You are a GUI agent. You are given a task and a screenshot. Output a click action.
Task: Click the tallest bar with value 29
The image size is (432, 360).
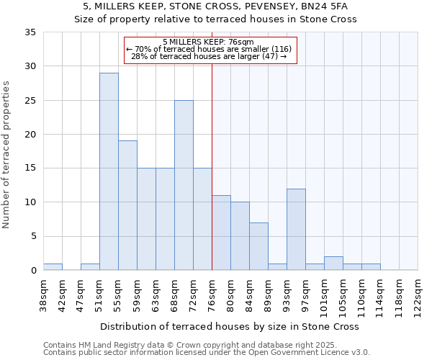pyautogui.click(x=109, y=171)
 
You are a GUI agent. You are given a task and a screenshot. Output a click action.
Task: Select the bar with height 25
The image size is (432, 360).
pyautogui.click(x=184, y=185)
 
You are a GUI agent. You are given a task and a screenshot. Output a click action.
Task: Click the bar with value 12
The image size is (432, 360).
pyautogui.click(x=296, y=229)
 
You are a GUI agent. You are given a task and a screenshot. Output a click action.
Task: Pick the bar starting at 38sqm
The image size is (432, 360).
pyautogui.click(x=53, y=266)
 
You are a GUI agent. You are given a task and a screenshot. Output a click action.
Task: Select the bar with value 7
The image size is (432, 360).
pyautogui.click(x=258, y=246)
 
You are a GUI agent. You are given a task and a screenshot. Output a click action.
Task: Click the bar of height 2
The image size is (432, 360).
pyautogui.click(x=333, y=263)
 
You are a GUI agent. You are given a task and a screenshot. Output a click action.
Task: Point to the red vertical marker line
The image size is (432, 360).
pyautogui.click(x=212, y=166)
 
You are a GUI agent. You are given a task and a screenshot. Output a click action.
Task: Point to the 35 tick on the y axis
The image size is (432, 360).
pyautogui.click(x=30, y=32)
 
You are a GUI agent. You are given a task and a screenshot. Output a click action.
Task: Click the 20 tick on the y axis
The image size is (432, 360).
pyautogui.click(x=30, y=135)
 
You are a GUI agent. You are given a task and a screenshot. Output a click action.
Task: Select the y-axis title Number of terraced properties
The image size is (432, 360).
pyautogui.click(x=7, y=155)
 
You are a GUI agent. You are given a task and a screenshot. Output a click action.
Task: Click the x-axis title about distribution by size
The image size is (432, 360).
pyautogui.click(x=229, y=326)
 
